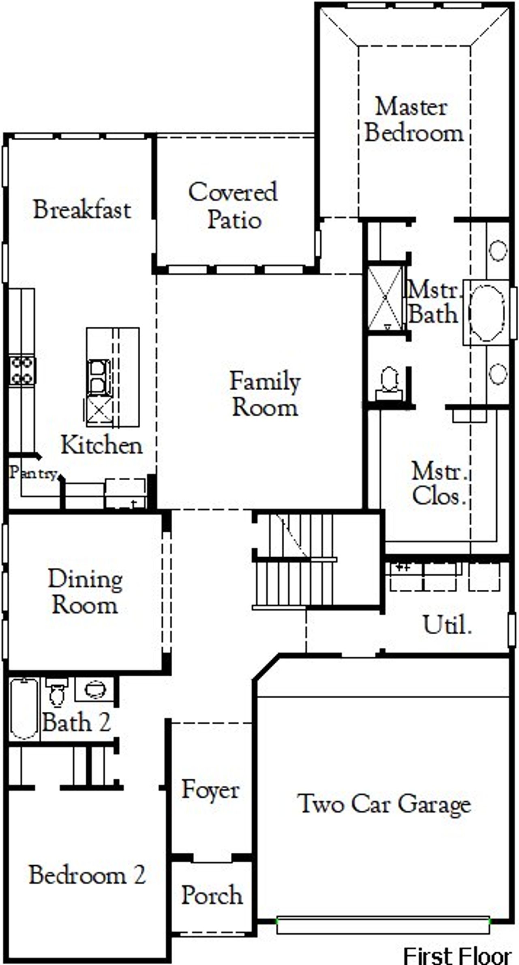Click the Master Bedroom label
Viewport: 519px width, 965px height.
pos(413,120)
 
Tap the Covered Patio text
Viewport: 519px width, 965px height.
pos(233,206)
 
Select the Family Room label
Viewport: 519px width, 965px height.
pos(265,394)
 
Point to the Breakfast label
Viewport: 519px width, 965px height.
pos(82,210)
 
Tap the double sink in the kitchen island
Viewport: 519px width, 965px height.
pos(98,377)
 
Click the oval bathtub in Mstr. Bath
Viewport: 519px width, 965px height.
pos(486,312)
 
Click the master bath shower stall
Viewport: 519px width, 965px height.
pos(385,298)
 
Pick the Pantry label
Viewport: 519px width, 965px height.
pos(34,473)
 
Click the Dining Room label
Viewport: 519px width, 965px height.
pos(85,592)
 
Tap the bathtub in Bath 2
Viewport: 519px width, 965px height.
pos(24,709)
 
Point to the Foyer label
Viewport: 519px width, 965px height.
pos(210,790)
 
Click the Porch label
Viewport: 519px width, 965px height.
pos(212,895)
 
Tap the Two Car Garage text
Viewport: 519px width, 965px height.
pos(384,804)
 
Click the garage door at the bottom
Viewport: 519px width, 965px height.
pos(383,925)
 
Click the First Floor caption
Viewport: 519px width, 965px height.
pos(457,955)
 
